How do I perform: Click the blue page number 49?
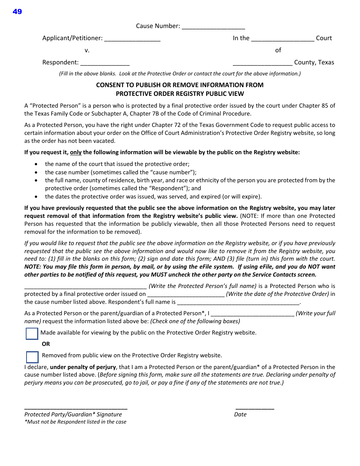click(17, 12)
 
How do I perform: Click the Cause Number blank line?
click(213, 27)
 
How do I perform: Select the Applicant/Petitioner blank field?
click(132, 39)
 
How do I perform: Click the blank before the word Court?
click(283, 39)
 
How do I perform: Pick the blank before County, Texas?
click(263, 63)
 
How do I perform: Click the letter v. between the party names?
click(87, 50)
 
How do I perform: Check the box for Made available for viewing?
click(32, 334)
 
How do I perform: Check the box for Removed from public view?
click(32, 357)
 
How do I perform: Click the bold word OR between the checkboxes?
click(46, 344)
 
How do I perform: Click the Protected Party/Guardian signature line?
click(76, 408)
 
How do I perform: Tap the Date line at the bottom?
click(255, 408)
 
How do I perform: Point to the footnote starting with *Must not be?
click(75, 422)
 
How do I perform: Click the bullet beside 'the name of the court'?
click(36, 164)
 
